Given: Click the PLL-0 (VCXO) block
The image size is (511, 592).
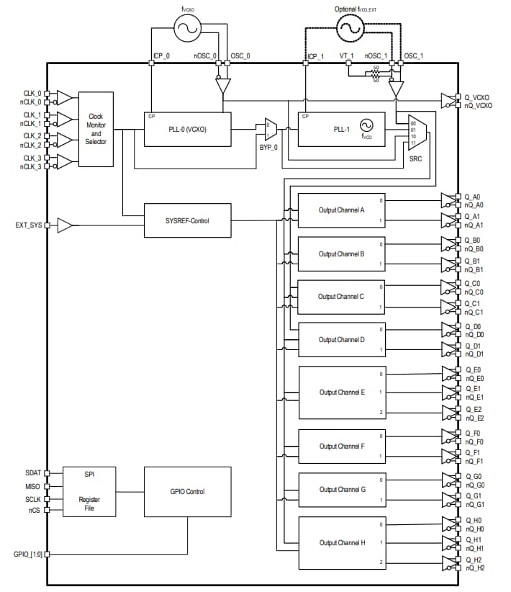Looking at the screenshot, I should tap(188, 129).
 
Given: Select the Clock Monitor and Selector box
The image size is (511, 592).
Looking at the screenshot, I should tap(96, 129).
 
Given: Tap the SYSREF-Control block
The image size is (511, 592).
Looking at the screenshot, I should tap(187, 220).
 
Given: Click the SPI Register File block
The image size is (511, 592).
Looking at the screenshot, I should tap(89, 490).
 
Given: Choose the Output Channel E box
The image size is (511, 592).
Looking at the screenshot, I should tap(342, 393).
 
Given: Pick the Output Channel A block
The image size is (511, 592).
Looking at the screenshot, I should tap(342, 210).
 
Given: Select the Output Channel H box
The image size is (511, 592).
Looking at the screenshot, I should tap(342, 543).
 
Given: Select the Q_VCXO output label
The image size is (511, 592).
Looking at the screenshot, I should tap(478, 97).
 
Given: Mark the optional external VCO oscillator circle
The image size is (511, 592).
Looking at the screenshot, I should tap(350, 28).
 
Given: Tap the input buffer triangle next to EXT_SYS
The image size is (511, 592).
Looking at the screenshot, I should tap(65, 226).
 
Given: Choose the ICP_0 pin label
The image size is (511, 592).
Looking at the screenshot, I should tap(161, 55).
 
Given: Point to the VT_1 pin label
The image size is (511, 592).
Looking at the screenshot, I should tap(347, 55).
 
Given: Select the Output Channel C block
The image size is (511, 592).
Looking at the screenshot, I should tap(342, 296).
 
